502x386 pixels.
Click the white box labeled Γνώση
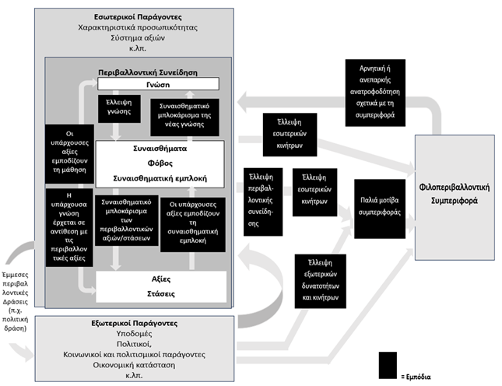[158, 84]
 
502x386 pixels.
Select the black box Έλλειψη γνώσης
[119, 108]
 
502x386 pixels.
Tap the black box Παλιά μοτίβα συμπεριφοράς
[380, 209]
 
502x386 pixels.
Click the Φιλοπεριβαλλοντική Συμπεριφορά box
[455, 197]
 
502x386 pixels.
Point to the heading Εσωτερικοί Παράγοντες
[138, 17]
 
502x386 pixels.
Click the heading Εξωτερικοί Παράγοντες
[135, 323]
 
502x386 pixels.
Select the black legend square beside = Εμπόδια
[388, 365]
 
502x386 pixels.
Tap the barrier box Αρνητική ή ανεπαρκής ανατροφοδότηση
[375, 93]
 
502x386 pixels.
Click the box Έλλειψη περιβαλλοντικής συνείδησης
[263, 202]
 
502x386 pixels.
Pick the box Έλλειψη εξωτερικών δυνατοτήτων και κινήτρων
[320, 281]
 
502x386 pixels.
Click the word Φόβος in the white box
[160, 163]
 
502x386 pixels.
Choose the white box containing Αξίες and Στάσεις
[161, 286]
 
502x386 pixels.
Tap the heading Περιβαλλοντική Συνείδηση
[148, 72]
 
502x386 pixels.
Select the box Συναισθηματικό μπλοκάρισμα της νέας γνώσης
[184, 118]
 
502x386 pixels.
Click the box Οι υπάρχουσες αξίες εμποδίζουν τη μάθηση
[69, 153]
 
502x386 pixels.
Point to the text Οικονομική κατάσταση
[134, 365]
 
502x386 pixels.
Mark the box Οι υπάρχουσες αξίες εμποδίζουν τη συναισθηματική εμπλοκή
[193, 224]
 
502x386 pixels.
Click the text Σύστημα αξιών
[138, 38]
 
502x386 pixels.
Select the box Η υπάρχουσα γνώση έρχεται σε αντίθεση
[69, 227]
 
